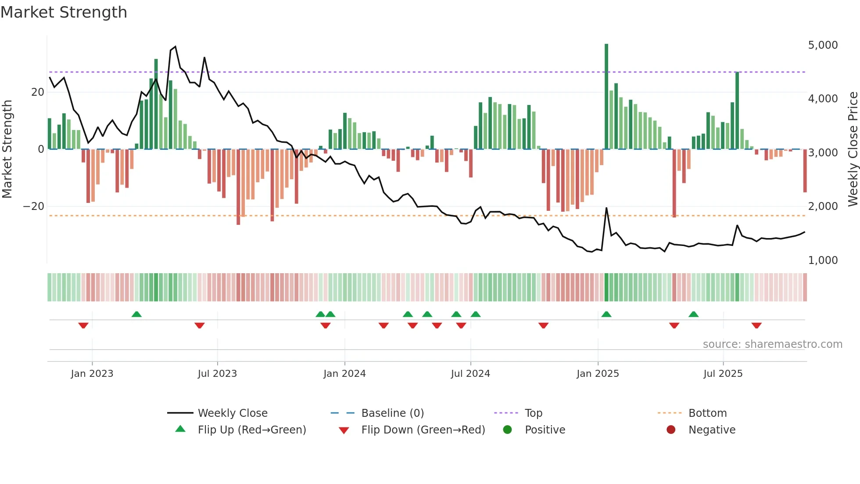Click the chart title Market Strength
64,12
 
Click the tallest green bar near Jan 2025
606,97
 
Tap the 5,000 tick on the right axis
823,45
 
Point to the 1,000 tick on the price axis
823,260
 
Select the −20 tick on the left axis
34,206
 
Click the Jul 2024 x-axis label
470,374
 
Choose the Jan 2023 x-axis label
92,374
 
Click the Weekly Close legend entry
232,413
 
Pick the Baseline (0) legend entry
392,413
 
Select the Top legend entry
533,413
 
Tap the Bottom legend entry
707,413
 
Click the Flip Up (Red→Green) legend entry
251,430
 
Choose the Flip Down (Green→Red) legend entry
423,430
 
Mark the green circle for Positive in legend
508,430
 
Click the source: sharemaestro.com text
772,344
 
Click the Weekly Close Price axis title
853,149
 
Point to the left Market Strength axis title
7,149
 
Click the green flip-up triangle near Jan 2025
606,314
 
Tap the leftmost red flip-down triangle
83,325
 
